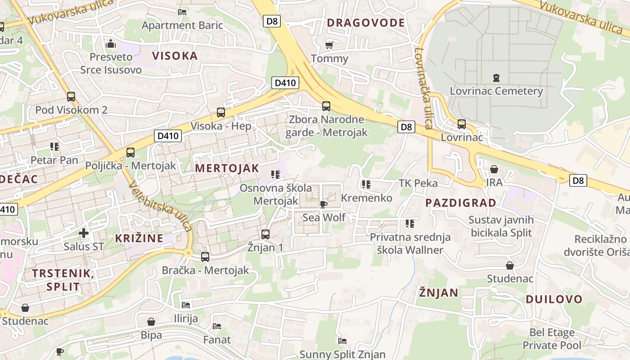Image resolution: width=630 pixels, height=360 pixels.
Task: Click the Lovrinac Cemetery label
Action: tap(496, 91)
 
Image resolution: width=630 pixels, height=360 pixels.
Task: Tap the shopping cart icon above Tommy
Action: tap(329, 45)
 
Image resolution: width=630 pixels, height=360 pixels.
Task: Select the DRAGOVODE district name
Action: tap(366, 22)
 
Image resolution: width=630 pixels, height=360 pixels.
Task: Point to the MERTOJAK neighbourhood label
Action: tap(227, 168)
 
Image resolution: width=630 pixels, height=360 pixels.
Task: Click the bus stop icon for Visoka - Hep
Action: tap(220, 112)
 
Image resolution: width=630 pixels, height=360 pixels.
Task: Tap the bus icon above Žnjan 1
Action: tap(265, 234)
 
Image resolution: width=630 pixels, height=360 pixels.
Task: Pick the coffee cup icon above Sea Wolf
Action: tap(324, 205)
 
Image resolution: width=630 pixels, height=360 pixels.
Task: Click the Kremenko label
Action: tap(367, 198)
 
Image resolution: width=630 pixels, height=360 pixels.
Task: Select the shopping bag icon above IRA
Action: tap(494, 169)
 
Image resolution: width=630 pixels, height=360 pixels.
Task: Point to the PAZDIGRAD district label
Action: tap(461, 202)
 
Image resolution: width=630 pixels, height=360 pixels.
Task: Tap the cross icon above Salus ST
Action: tap(84, 233)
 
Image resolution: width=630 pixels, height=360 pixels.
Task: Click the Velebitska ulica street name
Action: tap(160, 207)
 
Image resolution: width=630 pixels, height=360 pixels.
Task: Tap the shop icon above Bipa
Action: tap(151, 322)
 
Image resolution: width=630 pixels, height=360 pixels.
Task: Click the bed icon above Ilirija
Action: tap(186, 305)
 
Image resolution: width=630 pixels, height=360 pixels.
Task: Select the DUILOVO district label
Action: tap(554, 299)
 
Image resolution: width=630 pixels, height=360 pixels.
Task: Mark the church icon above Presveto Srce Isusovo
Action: tap(110, 44)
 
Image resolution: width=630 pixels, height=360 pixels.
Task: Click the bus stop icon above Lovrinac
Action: tap(462, 124)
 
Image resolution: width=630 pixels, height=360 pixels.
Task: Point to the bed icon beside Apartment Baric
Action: tap(182, 12)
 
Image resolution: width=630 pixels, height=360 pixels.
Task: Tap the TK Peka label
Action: tap(418, 183)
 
